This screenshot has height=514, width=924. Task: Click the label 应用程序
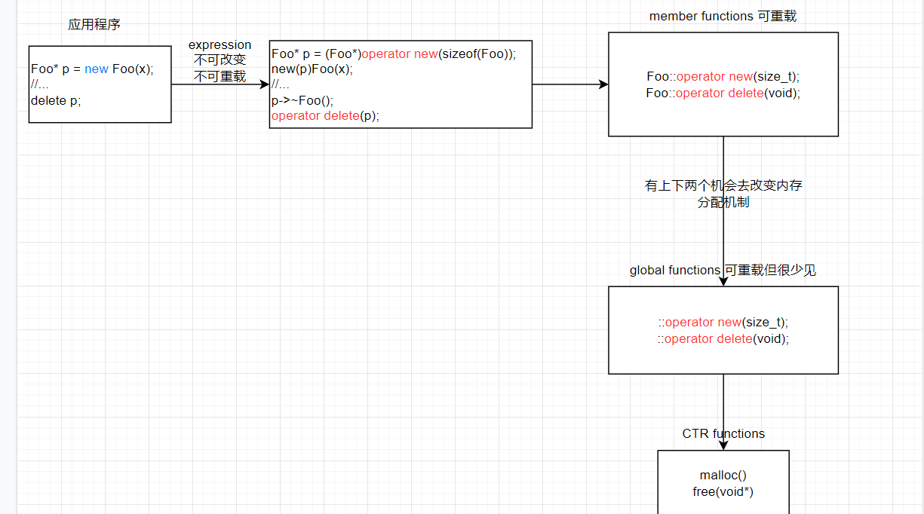tap(94, 25)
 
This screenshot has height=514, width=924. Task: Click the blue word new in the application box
tap(97, 69)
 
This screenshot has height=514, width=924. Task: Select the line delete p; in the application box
tap(56, 100)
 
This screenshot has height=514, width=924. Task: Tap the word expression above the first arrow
tap(219, 45)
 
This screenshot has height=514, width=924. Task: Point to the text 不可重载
tap(219, 76)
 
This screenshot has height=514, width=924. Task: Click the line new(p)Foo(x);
tap(312, 69)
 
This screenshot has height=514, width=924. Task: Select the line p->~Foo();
tap(302, 100)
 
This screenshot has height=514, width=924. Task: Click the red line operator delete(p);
tap(325, 115)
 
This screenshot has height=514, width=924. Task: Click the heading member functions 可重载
tap(723, 17)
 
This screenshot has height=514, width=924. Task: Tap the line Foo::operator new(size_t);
tap(723, 76)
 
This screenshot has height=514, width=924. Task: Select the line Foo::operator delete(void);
tap(723, 93)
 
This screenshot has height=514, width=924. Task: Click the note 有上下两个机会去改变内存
tap(723, 185)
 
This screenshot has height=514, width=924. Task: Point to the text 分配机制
tap(723, 202)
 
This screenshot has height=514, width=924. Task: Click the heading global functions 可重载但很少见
tap(723, 270)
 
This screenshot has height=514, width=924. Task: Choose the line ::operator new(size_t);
tap(723, 323)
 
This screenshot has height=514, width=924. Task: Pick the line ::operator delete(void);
tap(723, 338)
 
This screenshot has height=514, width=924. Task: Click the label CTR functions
tap(723, 433)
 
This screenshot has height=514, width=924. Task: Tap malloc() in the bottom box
tap(723, 476)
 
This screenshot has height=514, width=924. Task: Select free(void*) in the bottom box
tap(723, 492)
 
